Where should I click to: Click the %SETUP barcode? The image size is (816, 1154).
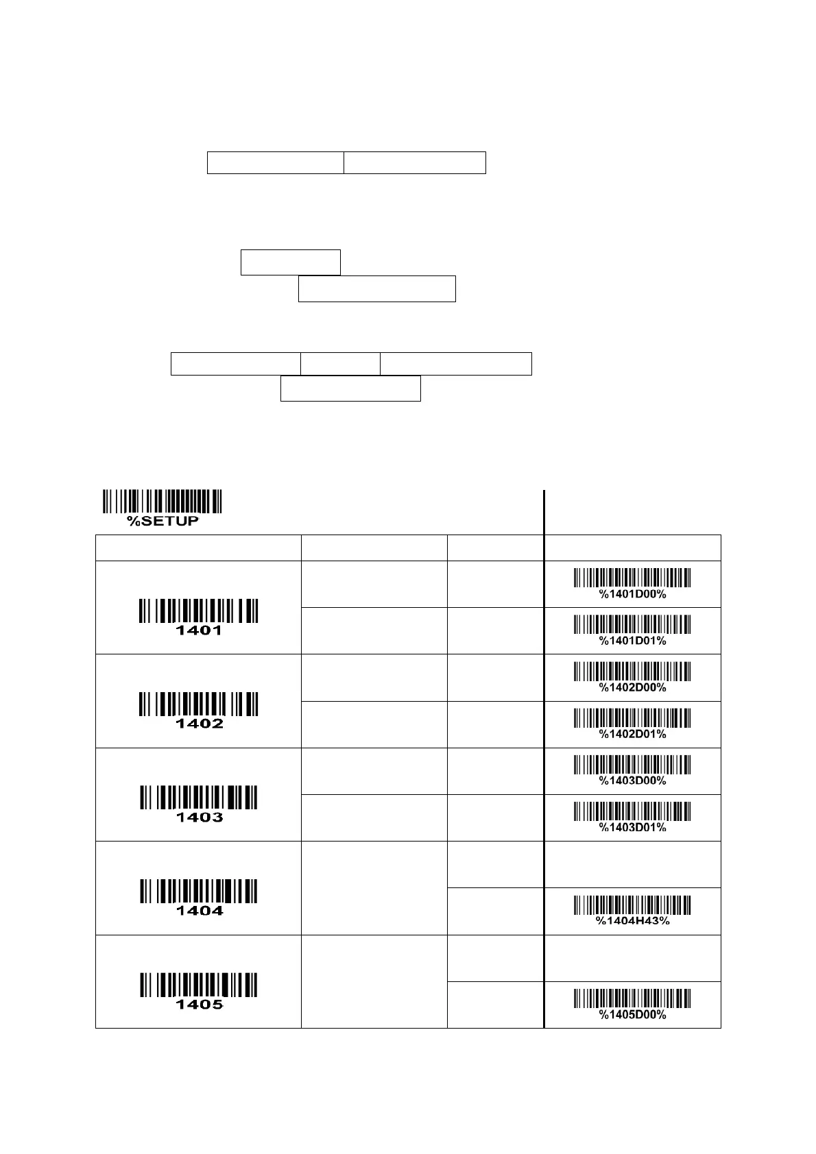[163, 501]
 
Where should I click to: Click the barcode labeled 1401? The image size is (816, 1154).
[199, 611]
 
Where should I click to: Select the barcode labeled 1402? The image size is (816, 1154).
[199, 704]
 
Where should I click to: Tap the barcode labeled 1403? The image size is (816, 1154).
[199, 798]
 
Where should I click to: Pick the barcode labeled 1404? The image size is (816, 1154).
[199, 891]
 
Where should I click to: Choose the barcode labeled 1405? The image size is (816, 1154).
[199, 985]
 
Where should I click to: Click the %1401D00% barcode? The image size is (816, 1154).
[632, 578]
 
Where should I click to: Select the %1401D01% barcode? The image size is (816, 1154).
[632, 624]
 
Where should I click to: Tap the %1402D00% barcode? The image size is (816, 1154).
[632, 671]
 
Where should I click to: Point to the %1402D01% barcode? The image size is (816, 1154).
[632, 717]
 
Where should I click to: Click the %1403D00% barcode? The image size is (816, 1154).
[632, 764]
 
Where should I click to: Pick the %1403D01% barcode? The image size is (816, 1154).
[632, 811]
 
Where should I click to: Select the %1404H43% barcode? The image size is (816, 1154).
[632, 905]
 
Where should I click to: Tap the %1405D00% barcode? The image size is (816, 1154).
[632, 998]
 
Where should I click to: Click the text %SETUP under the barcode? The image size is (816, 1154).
[163, 521]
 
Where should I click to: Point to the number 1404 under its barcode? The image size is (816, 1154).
[200, 911]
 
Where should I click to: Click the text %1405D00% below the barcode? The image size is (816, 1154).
[632, 1015]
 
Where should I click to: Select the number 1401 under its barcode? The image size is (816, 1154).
[199, 630]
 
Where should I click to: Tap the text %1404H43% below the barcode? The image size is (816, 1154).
[632, 920]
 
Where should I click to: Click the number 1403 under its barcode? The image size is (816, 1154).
[200, 817]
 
